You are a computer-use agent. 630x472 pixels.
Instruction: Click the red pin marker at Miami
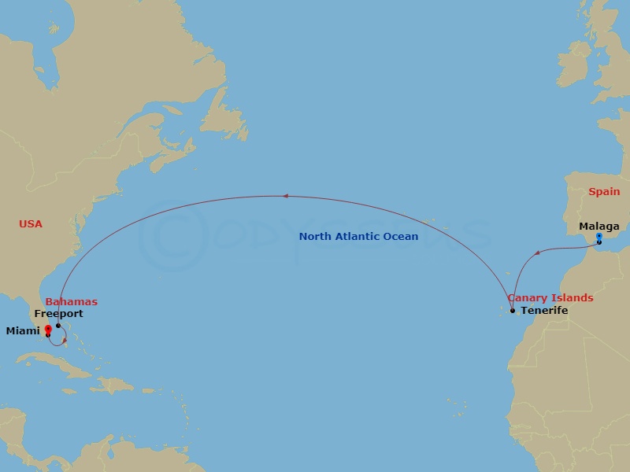coord(48,330)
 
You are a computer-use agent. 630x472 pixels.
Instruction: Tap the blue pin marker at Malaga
coord(599,237)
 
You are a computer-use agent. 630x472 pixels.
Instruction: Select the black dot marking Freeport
coord(58,325)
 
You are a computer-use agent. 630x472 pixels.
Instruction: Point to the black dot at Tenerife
coord(513,310)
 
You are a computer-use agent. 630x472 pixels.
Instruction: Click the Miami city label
coord(22,331)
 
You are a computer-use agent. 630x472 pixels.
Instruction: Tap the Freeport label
coord(58,314)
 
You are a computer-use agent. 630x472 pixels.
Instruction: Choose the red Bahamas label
coord(72,302)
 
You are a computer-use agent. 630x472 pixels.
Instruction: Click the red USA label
coord(31,224)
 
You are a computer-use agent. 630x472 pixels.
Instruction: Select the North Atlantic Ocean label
coord(358,236)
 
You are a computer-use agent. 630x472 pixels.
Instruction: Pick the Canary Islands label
coord(550,298)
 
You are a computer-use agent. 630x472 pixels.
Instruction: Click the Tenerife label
coord(544,311)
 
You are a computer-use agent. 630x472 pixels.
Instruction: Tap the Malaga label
coord(599,227)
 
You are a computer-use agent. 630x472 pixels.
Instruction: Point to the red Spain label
coord(604,192)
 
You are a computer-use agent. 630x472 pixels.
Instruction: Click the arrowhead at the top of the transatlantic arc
coord(287,196)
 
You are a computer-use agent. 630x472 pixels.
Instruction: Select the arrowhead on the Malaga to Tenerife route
coord(537,253)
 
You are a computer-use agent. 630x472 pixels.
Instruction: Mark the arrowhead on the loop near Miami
coord(64,340)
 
